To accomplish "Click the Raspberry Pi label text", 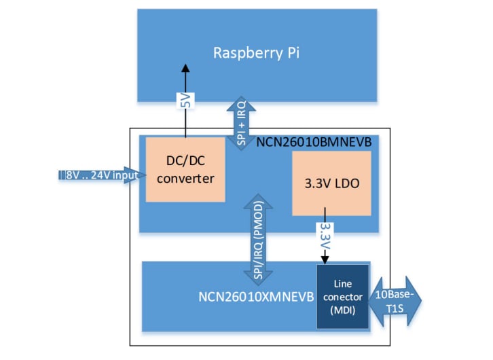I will [257, 52].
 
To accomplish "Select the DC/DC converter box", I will [185, 169].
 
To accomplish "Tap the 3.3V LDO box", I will [331, 183].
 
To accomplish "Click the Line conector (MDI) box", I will [342, 296].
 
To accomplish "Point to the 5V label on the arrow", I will [185, 102].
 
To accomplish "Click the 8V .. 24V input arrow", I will [98, 176].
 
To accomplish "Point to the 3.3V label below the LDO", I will [325, 235].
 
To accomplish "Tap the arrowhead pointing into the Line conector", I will [326, 258].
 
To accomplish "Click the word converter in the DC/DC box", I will [185, 179].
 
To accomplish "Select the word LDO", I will [347, 183].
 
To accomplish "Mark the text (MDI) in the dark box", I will [342, 309].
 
